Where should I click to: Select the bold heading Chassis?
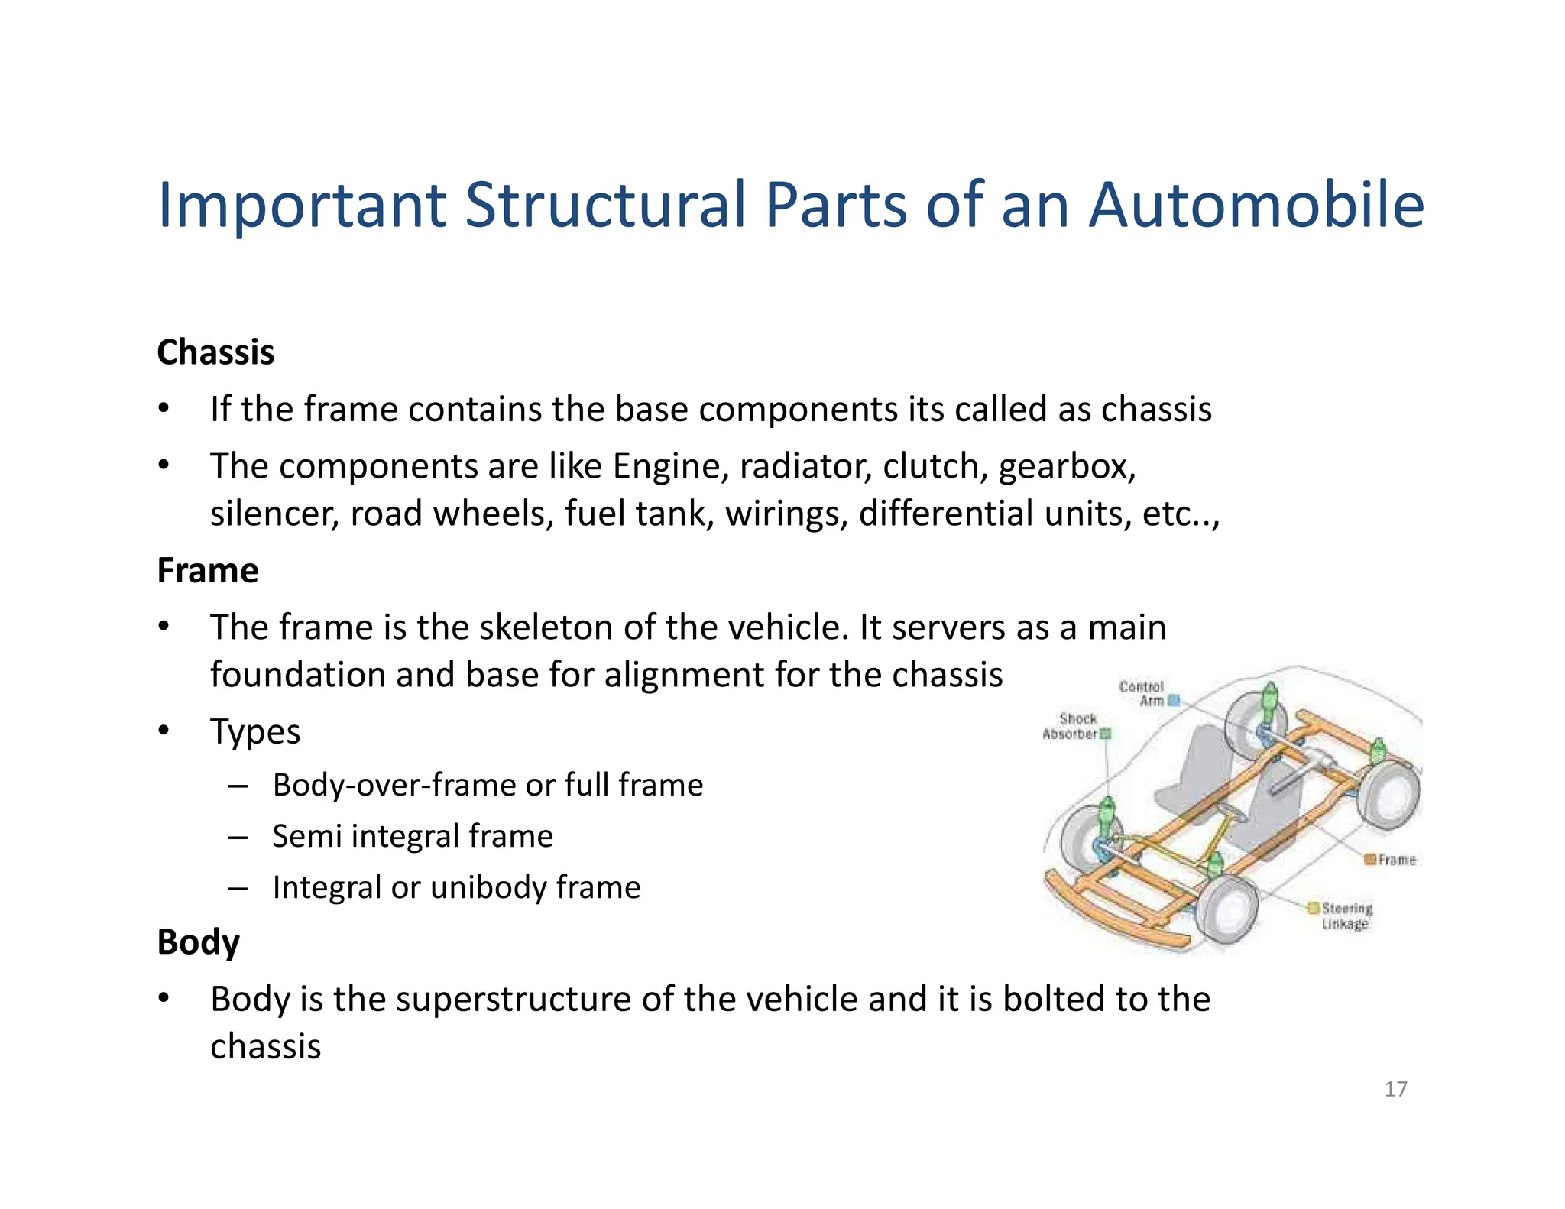click(215, 352)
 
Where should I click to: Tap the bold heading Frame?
click(208, 571)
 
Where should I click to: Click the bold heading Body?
click(198, 942)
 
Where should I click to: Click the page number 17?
click(1395, 1089)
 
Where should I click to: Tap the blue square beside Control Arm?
click(1175, 700)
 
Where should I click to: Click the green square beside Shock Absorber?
click(1105, 734)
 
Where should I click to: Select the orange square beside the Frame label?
click(1370, 860)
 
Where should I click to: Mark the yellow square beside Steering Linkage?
click(1313, 908)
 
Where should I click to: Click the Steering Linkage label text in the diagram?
click(1346, 916)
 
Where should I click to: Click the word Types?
click(255, 732)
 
